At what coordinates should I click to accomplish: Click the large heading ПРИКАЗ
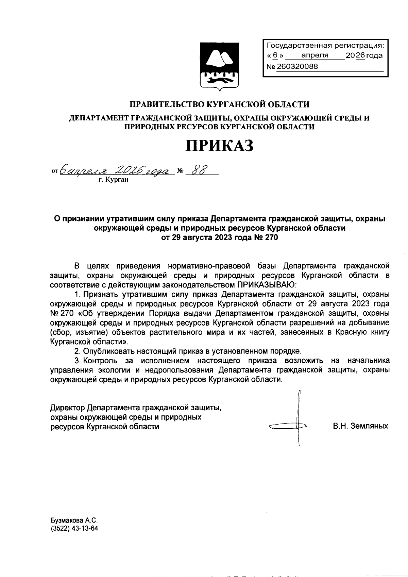pyautogui.click(x=219, y=146)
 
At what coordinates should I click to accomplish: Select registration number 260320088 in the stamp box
pyautogui.click(x=297, y=67)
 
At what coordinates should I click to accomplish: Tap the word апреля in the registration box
pyautogui.click(x=315, y=55)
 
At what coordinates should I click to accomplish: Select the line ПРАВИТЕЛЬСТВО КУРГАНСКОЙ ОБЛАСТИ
pyautogui.click(x=220, y=104)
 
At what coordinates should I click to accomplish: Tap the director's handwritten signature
pyautogui.click(x=292, y=422)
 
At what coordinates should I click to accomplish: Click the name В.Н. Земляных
pyautogui.click(x=360, y=426)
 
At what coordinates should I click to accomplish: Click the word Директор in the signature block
pyautogui.click(x=67, y=407)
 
